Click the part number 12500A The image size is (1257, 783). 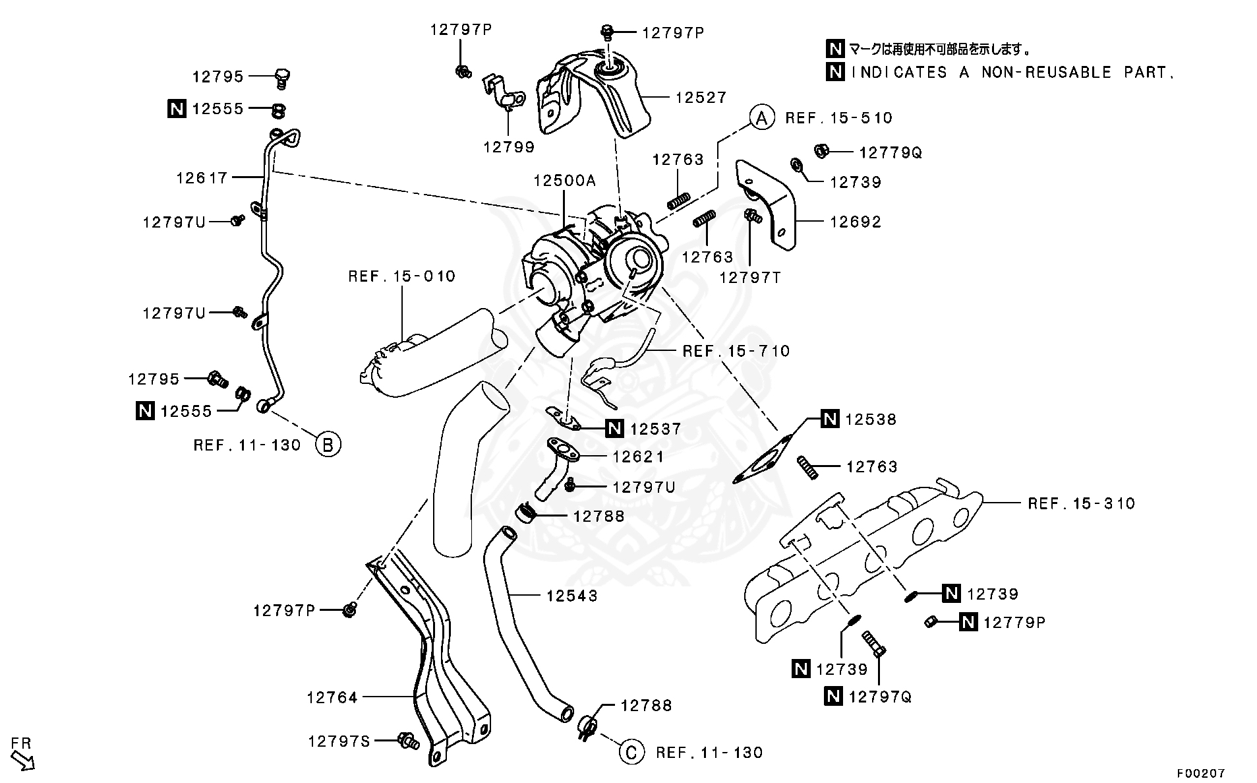pyautogui.click(x=564, y=181)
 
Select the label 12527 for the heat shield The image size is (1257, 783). pyautogui.click(x=701, y=98)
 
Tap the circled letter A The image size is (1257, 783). pyautogui.click(x=761, y=118)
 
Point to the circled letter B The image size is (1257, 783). pyautogui.click(x=328, y=444)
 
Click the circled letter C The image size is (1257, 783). pyautogui.click(x=631, y=752)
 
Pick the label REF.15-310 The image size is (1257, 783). pyautogui.click(x=1081, y=504)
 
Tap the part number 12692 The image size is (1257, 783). pyautogui.click(x=855, y=222)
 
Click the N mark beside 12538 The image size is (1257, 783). pyautogui.click(x=830, y=419)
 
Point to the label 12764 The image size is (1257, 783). pyautogui.click(x=332, y=697)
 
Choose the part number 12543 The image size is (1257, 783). pyautogui.click(x=571, y=596)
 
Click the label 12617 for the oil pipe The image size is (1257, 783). pyautogui.click(x=202, y=177)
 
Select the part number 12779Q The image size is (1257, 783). pyautogui.click(x=890, y=153)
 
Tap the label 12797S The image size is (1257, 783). pyautogui.click(x=339, y=741)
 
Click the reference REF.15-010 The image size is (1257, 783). pyautogui.click(x=401, y=276)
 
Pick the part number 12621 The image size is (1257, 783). pyautogui.click(x=638, y=456)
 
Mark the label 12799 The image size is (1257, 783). pyautogui.click(x=508, y=147)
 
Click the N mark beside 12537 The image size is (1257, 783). pyautogui.click(x=614, y=429)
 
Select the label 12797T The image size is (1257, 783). pyautogui.click(x=749, y=278)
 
